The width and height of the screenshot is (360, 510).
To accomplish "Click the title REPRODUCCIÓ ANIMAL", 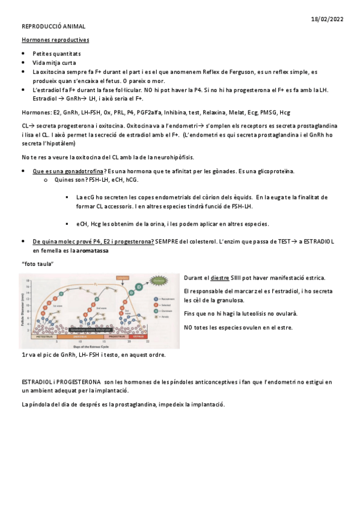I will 53,27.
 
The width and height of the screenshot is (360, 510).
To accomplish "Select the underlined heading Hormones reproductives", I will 55,40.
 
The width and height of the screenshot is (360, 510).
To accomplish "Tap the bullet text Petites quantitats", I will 56,54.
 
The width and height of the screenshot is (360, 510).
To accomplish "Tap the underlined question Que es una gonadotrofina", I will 69,171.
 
